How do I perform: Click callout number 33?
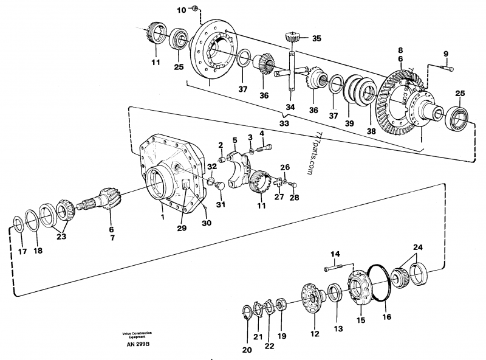(x=284, y=123)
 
